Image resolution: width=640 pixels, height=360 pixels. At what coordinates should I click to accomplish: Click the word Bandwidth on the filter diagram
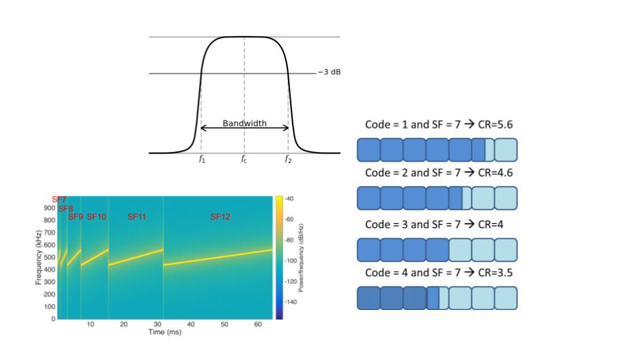pos(245,123)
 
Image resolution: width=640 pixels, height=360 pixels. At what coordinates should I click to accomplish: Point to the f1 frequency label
pos(201,159)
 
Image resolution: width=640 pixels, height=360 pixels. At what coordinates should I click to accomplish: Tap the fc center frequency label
pos(245,159)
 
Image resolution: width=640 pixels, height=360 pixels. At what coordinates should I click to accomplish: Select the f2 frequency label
pos(288,159)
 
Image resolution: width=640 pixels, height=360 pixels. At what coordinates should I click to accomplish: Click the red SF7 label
pos(59,200)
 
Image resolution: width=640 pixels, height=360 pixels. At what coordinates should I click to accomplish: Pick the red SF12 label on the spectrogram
pos(220,217)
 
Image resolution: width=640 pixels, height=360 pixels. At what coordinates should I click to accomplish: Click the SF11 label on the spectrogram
pos(137,217)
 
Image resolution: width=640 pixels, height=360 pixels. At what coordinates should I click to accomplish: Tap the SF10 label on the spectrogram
pos(97,217)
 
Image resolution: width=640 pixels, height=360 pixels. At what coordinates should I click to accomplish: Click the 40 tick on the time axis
pos(191,324)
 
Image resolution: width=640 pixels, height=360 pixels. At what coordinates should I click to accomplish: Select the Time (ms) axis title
pos(164,332)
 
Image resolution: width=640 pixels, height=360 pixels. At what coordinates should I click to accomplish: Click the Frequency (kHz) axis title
pos(39,257)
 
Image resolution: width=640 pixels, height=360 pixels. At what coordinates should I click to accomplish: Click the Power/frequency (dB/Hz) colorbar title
pos(301,257)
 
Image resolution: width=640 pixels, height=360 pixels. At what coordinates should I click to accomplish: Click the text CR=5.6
pos(495,125)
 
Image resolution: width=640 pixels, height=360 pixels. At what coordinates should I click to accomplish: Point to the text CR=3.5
pos(495,273)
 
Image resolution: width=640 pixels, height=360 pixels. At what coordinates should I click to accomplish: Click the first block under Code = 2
pos(369,198)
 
